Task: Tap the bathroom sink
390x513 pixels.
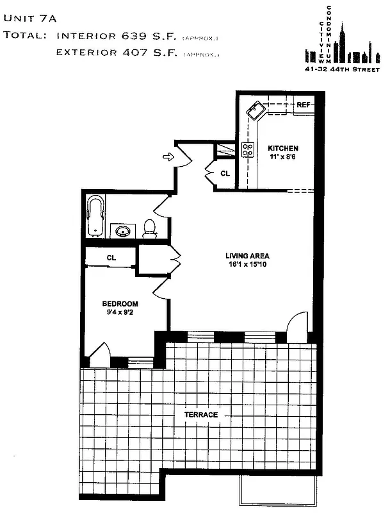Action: point(121,231)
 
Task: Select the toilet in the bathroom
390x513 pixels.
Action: point(150,228)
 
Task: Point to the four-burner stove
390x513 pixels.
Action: point(248,150)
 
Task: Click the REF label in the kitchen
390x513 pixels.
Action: point(303,105)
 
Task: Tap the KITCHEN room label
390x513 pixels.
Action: point(283,149)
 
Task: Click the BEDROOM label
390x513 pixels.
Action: point(121,304)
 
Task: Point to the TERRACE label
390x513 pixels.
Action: point(201,415)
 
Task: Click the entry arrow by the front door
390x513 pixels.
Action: point(169,156)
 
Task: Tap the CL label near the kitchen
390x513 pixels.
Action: point(225,173)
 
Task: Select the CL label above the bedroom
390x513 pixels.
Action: point(111,258)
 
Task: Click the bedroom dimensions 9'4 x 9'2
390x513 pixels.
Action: point(121,313)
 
